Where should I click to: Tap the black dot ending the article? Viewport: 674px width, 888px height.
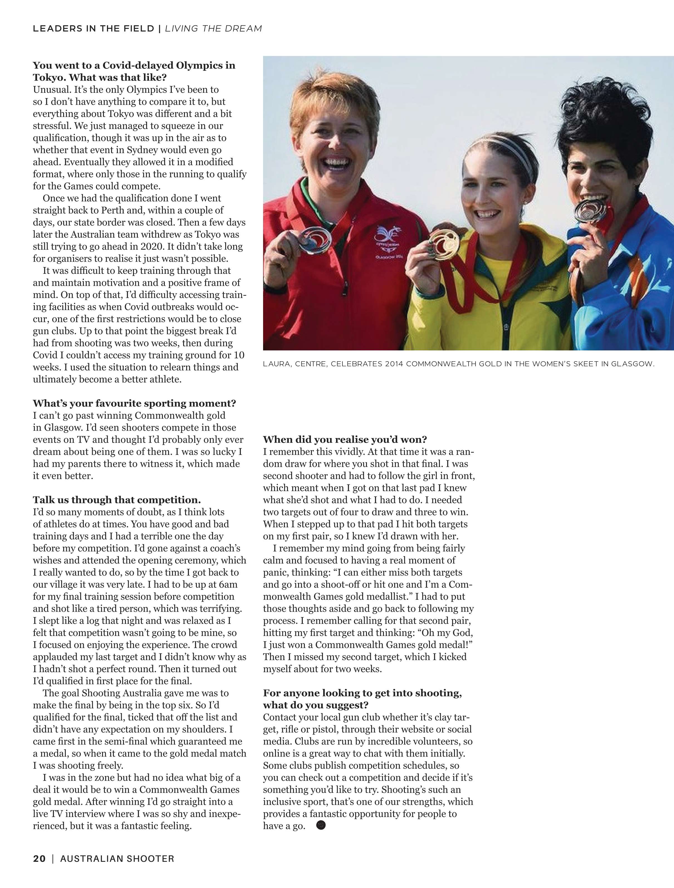point(321,825)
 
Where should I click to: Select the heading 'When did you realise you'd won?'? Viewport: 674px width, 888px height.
point(345,440)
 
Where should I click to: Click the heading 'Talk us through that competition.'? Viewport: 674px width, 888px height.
point(117,500)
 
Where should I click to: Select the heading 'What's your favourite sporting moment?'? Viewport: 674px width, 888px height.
point(134,403)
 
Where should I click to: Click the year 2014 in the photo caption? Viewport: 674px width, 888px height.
point(395,364)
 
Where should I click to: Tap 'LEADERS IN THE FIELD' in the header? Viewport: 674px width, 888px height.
point(94,28)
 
